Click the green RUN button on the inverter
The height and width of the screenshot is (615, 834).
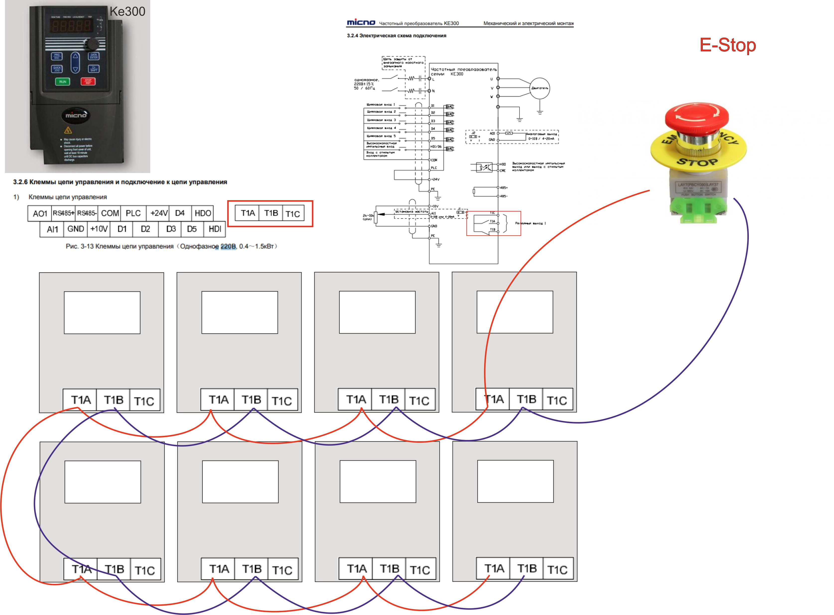pos(63,82)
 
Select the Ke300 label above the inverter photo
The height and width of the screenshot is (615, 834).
pos(127,11)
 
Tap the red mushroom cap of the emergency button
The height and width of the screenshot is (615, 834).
pos(697,116)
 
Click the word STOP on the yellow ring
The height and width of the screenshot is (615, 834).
pos(697,162)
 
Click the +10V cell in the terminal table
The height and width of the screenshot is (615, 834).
pos(99,229)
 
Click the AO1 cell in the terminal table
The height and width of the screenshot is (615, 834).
pos(40,214)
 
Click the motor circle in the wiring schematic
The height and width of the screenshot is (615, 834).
pos(539,88)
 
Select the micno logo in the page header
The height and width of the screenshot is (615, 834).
pos(361,23)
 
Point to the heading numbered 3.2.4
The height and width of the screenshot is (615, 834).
pos(396,36)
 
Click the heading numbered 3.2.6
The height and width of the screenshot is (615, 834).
pos(120,182)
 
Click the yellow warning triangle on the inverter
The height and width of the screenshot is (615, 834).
pos(68,130)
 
